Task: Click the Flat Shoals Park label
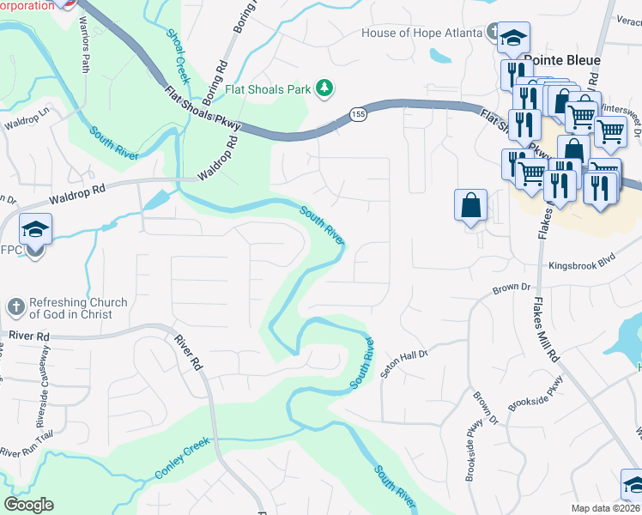click(x=268, y=88)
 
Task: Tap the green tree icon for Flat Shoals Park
click(x=324, y=88)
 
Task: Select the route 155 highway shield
click(x=358, y=114)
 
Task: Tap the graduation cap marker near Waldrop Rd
click(x=36, y=229)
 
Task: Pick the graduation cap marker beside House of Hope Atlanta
click(x=513, y=37)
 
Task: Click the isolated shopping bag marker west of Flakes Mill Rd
click(x=471, y=206)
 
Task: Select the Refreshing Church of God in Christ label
click(x=78, y=308)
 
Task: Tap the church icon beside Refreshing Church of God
click(x=15, y=306)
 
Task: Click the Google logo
click(x=28, y=505)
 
